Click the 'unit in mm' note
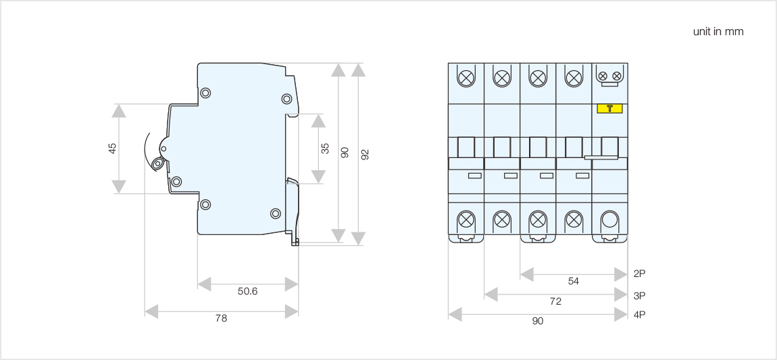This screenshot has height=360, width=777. [x=718, y=32]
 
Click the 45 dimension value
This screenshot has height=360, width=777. [x=113, y=148]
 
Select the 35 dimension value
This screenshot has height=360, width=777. [x=325, y=149]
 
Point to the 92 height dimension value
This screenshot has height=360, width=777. [x=366, y=154]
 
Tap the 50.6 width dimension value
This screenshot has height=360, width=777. [x=247, y=291]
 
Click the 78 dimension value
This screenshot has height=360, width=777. [x=221, y=318]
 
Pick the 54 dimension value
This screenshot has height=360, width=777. [x=574, y=281]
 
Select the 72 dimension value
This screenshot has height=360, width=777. [x=555, y=302]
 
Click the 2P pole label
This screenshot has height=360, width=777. [x=640, y=274]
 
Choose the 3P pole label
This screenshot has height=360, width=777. [x=640, y=295]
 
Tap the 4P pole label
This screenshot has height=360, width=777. [x=640, y=315]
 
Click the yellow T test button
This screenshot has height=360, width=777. [x=609, y=108]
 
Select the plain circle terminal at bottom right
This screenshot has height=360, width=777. [x=609, y=220]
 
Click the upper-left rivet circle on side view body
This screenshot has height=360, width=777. [x=205, y=93]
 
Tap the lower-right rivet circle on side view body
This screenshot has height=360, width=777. [x=276, y=213]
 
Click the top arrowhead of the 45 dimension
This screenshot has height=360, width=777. [x=119, y=111]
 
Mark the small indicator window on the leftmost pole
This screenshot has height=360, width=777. [x=475, y=176]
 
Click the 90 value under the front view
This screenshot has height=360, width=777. [x=537, y=322]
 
